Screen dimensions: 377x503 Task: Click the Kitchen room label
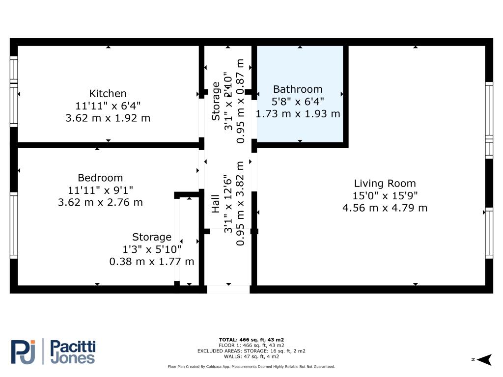point(108,93)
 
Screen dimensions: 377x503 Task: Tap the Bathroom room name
point(298,89)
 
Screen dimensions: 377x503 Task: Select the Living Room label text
point(385,184)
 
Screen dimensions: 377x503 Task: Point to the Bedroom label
point(100,178)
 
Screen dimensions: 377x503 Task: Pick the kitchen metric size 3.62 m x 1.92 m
point(108,118)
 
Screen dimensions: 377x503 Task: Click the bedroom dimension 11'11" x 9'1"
point(100,190)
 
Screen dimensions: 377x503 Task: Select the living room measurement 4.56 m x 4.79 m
point(385,208)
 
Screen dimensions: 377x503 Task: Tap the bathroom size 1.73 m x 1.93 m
point(298,113)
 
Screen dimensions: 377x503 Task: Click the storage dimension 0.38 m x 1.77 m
point(151,262)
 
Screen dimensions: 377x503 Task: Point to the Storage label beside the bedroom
point(151,238)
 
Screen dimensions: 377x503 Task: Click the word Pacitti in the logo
point(73,347)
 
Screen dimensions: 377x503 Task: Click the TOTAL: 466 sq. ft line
point(251,340)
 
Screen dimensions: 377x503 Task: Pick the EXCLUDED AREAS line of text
point(251,351)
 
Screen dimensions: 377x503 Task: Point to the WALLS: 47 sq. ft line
point(251,356)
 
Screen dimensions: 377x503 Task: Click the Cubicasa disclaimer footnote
point(251,367)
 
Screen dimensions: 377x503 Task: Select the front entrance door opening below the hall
point(228,290)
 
